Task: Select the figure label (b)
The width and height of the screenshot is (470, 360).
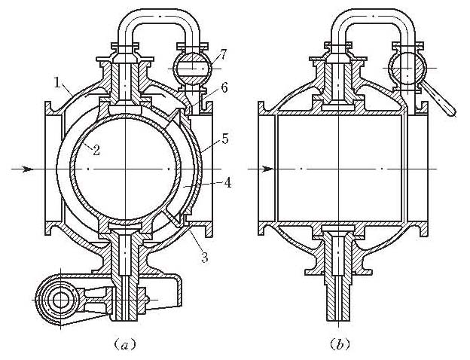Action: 338,345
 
